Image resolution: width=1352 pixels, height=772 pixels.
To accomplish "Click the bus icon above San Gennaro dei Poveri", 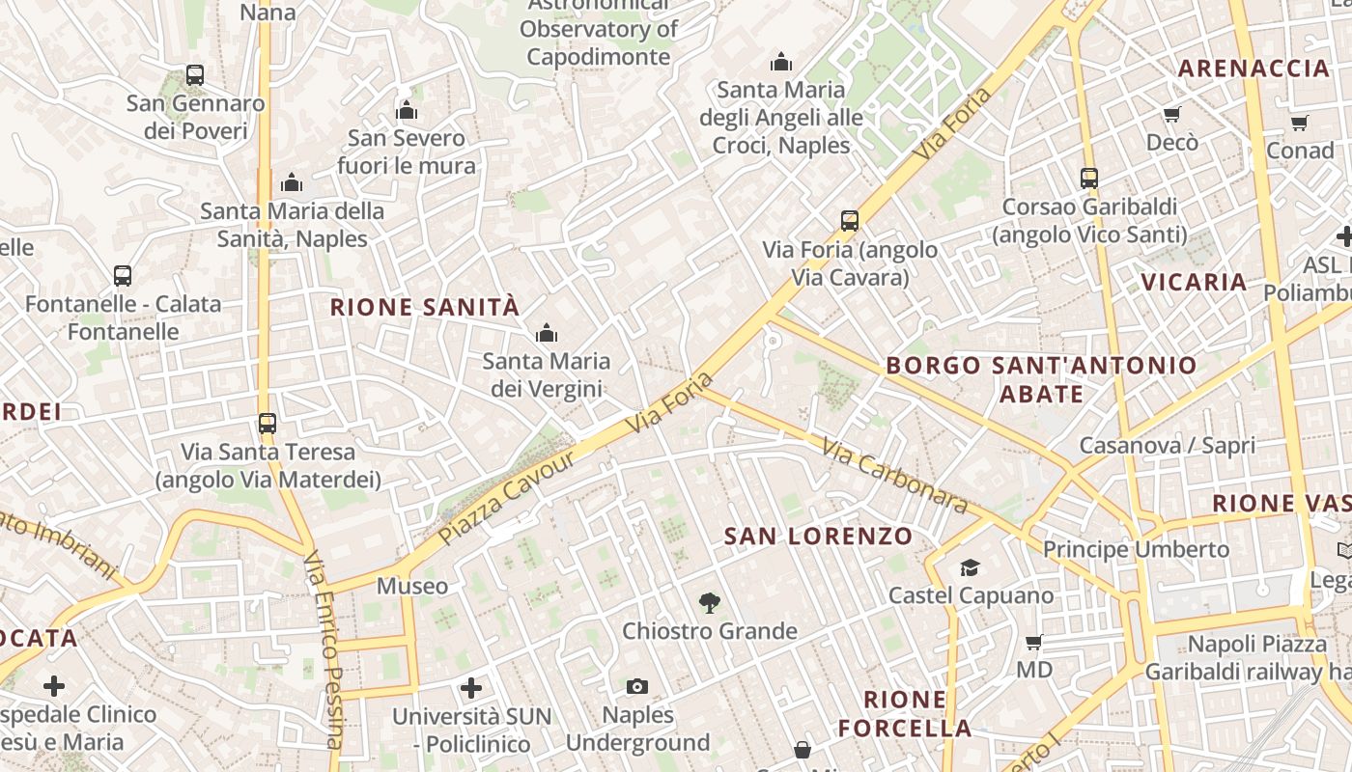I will (195, 75).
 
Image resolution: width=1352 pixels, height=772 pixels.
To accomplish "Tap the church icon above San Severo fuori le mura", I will (407, 110).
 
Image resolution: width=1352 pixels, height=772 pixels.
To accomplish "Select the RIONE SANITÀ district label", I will (425, 308).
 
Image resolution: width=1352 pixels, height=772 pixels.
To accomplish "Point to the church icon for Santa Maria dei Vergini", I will (547, 334).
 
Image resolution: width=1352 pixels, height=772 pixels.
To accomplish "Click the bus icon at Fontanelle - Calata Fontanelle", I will (123, 276).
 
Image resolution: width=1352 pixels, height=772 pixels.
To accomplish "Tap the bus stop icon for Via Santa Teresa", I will (268, 424).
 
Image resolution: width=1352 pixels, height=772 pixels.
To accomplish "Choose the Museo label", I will (412, 586).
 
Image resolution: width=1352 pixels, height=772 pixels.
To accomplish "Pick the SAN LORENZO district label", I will (818, 537).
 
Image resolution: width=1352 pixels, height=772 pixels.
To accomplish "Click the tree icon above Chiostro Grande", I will (710, 604).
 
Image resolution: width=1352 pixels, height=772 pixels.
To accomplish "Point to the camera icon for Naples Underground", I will (637, 687).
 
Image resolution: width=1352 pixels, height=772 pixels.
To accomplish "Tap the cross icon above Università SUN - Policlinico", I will (471, 688).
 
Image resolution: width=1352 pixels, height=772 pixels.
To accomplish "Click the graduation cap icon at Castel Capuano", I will (970, 568).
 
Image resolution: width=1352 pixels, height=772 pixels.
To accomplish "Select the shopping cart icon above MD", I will (1034, 642).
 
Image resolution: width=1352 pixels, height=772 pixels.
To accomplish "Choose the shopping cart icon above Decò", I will (1172, 115).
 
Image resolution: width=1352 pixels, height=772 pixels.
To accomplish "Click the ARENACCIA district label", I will (1254, 69).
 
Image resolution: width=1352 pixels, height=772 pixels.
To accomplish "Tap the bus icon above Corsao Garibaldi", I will (1089, 179).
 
